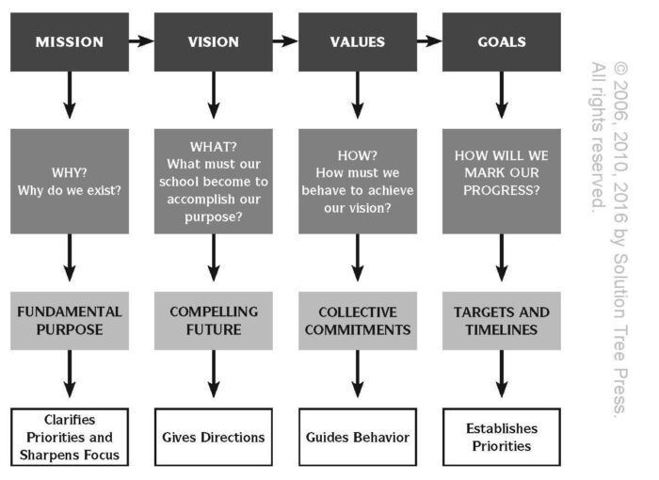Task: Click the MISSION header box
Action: (70, 42)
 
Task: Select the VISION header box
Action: (214, 42)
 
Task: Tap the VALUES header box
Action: (358, 42)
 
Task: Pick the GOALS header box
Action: (502, 42)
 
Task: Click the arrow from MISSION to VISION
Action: (141, 41)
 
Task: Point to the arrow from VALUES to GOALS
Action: (429, 41)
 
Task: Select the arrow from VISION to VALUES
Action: (285, 41)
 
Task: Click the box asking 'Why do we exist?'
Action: (70, 181)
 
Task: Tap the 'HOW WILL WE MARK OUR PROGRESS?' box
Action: (502, 181)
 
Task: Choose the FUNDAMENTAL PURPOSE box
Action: (70, 321)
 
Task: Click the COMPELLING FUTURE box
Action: (214, 321)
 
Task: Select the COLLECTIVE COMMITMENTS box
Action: (358, 321)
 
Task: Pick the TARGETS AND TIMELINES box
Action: (502, 321)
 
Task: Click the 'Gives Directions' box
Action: (214, 437)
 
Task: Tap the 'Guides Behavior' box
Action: (358, 437)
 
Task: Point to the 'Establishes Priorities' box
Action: (502, 437)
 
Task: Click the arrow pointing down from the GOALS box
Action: (502, 95)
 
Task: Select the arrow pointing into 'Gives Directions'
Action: (214, 374)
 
